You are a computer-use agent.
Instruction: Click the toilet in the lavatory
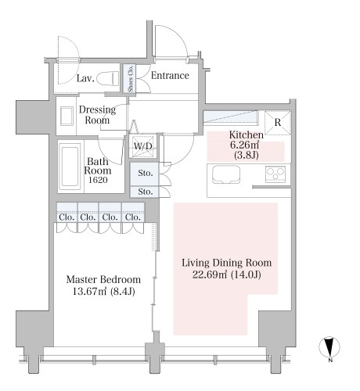107,78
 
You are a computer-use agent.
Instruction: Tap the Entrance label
170,76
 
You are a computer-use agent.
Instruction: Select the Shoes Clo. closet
130,78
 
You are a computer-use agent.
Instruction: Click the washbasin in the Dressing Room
67,116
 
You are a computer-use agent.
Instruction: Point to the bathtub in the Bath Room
70,167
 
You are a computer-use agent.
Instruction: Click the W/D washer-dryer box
143,146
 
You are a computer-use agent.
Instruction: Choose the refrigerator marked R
278,123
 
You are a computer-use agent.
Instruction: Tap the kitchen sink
226,174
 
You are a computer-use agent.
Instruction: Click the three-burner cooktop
275,174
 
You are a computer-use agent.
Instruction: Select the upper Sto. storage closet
144,174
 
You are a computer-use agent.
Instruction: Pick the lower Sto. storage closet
144,192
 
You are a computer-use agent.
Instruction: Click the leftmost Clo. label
67,217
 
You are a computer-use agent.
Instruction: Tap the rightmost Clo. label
133,217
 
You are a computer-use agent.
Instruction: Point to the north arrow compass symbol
329,347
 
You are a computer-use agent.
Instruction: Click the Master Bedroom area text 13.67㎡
89,291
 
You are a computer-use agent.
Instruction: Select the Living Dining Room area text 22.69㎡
210,274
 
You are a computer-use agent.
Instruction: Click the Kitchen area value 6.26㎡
244,145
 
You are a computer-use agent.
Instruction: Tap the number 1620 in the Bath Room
98,180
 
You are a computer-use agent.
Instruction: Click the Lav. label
85,78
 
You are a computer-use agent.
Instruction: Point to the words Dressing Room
97,115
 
